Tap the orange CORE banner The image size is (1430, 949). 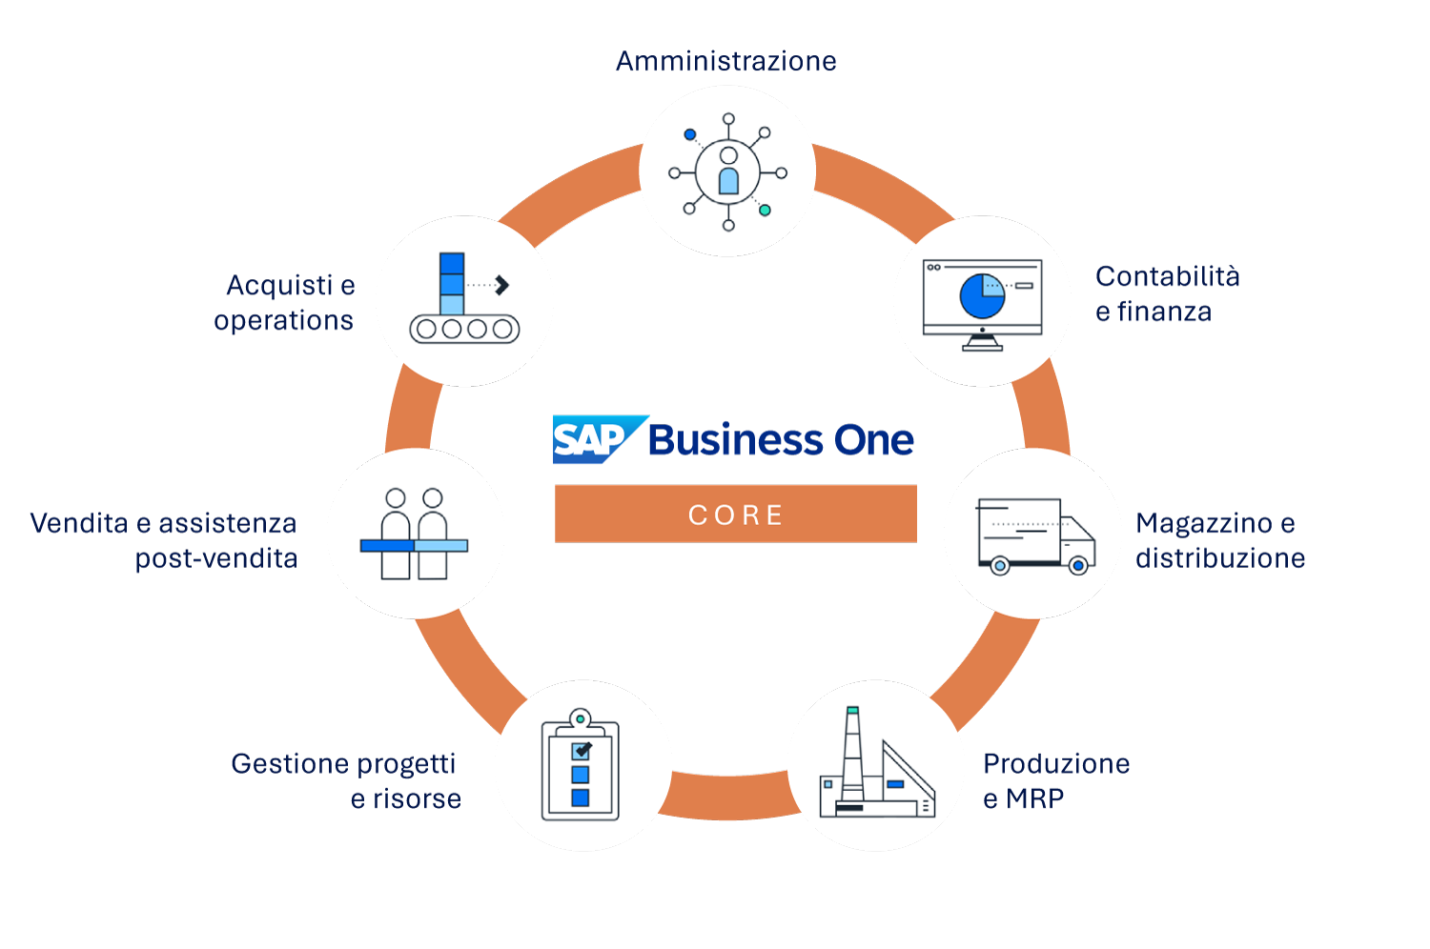point(735,515)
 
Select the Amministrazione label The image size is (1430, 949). point(726,61)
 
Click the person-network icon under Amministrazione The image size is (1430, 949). point(728,172)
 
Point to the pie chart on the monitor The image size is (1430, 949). point(983,295)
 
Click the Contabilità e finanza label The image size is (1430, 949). point(1167,293)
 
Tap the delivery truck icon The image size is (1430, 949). point(1035,535)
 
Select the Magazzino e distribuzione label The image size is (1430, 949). point(1219,540)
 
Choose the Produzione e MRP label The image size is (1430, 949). point(1056,780)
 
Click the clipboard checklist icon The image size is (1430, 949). point(581,766)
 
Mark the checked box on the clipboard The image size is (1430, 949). point(581,751)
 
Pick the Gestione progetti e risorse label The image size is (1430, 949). point(346,780)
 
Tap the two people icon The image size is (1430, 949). point(415,534)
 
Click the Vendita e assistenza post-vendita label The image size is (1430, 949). point(164,540)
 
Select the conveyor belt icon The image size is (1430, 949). point(464,299)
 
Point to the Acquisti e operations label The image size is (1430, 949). point(284,302)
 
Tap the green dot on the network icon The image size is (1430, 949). point(765,210)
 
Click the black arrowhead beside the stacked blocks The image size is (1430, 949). point(502,285)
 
